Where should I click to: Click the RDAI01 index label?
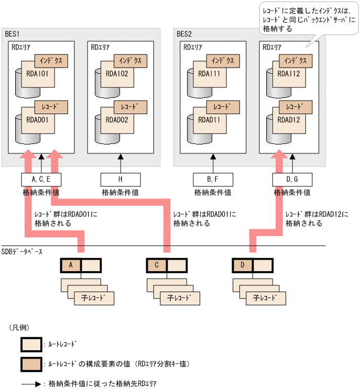pos(37,74)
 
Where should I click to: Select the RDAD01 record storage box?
pos(37,119)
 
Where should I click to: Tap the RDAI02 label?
pos(116,74)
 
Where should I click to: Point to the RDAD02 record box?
pos(116,119)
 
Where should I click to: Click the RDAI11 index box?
pos(209,74)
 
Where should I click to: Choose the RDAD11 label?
pos(209,119)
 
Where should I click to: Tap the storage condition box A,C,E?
pos(41,180)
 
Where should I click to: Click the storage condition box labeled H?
pos(121,180)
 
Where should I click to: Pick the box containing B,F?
pos(213,180)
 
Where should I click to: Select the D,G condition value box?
pos(292,180)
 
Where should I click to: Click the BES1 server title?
pos(13,34)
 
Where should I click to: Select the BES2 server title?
pos(184,34)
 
